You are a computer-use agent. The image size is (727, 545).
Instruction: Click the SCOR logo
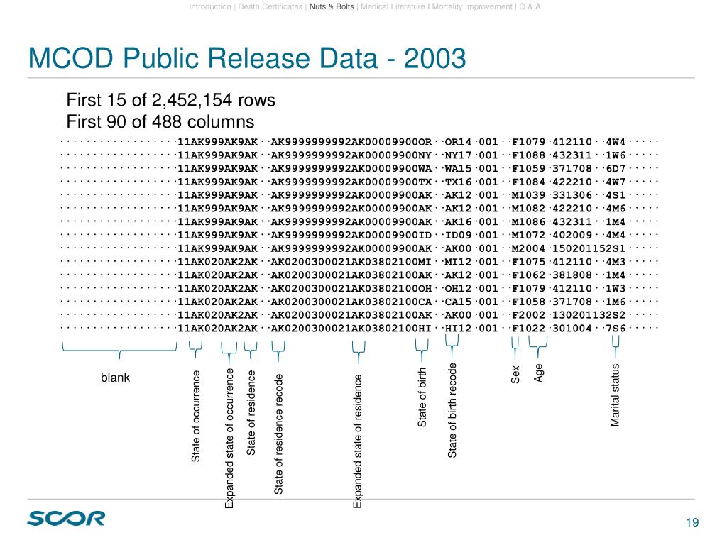[x=66, y=519]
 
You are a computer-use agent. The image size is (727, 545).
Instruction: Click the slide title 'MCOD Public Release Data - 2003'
[x=246, y=58]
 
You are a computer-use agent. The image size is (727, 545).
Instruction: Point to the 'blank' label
[x=116, y=378]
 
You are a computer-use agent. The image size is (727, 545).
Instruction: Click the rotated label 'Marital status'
[x=616, y=395]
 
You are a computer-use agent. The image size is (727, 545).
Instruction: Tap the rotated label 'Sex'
[x=516, y=375]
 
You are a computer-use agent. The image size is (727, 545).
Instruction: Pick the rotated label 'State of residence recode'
[x=279, y=434]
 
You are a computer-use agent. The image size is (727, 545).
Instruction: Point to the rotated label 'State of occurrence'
[x=196, y=417]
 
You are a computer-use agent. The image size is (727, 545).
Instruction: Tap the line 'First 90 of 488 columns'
[x=160, y=121]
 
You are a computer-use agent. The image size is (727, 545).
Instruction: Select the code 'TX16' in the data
[x=458, y=182]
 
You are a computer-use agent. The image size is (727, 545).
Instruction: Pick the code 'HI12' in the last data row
[x=458, y=328]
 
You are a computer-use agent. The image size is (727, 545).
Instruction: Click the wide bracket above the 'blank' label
[x=119, y=350]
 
